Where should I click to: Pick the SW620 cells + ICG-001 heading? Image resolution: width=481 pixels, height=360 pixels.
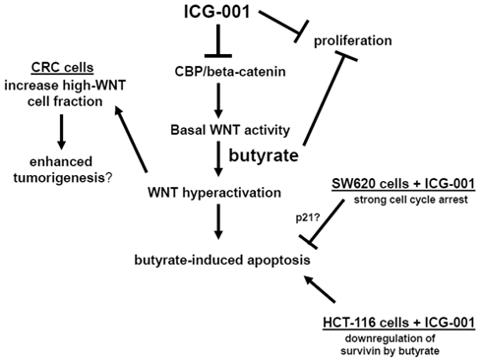pyautogui.click(x=399, y=187)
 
